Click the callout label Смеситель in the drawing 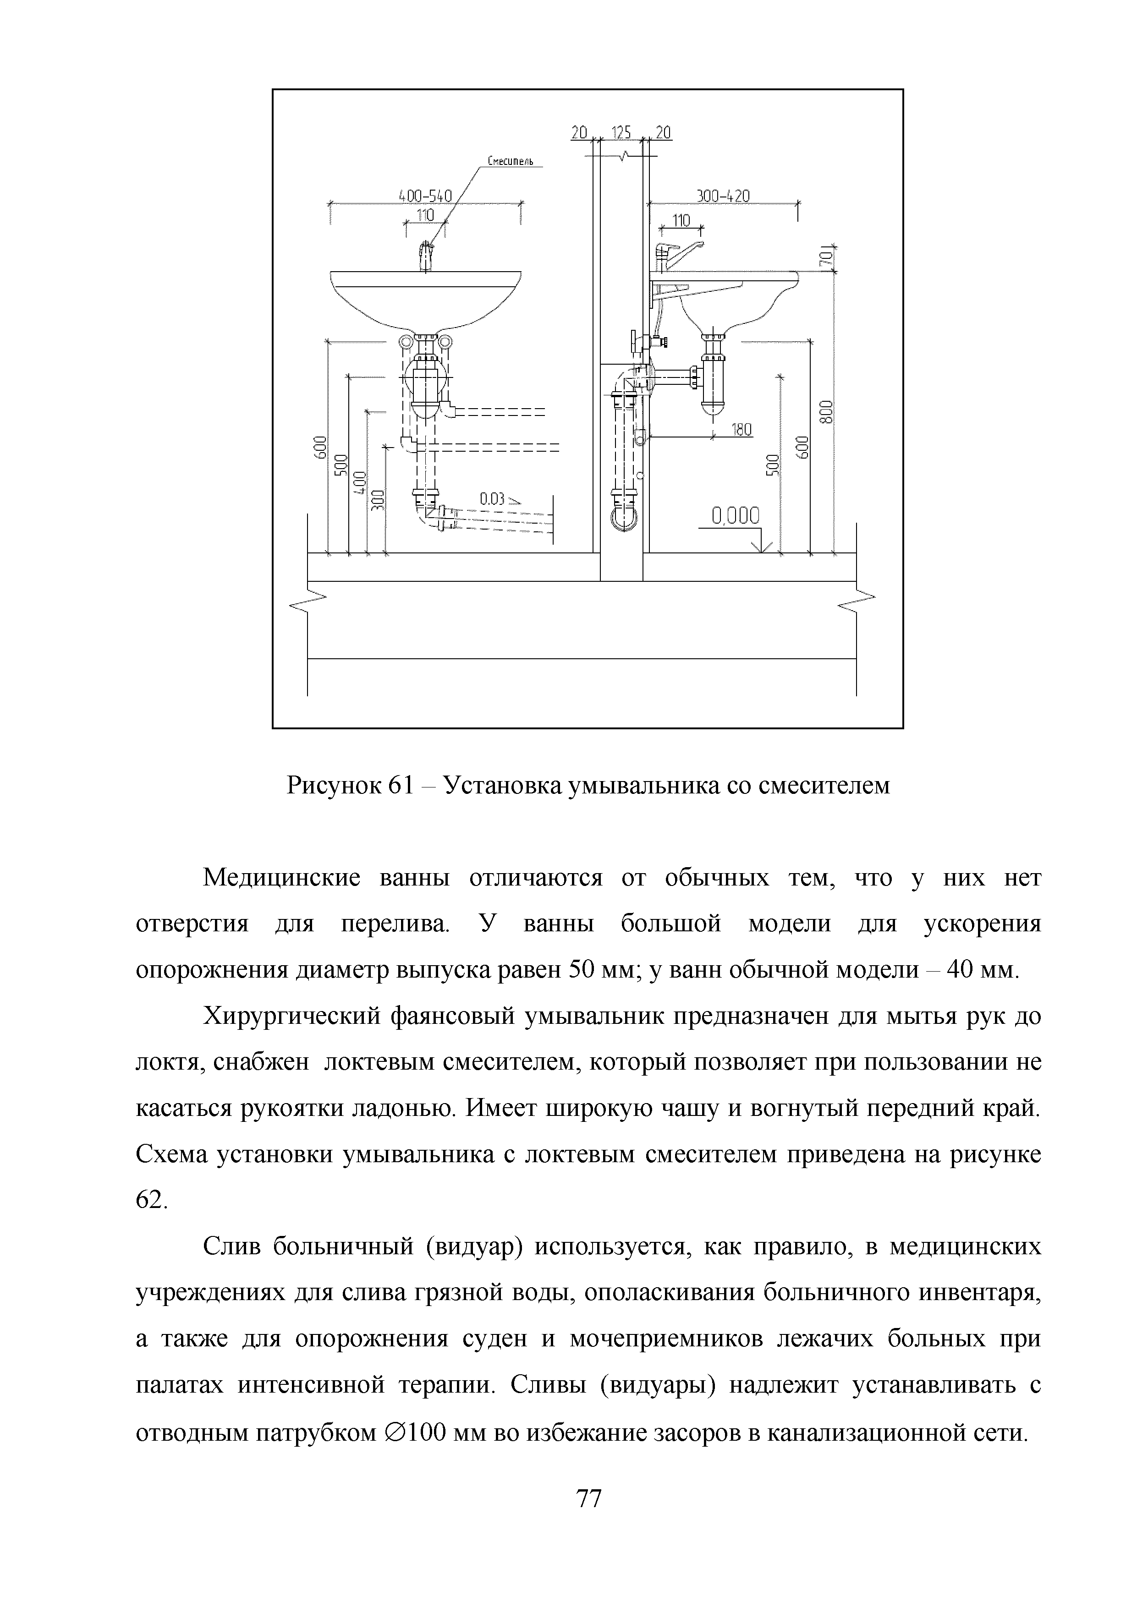(x=511, y=162)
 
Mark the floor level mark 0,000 (x=735, y=517)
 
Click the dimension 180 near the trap (x=741, y=430)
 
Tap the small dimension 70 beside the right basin (x=826, y=257)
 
